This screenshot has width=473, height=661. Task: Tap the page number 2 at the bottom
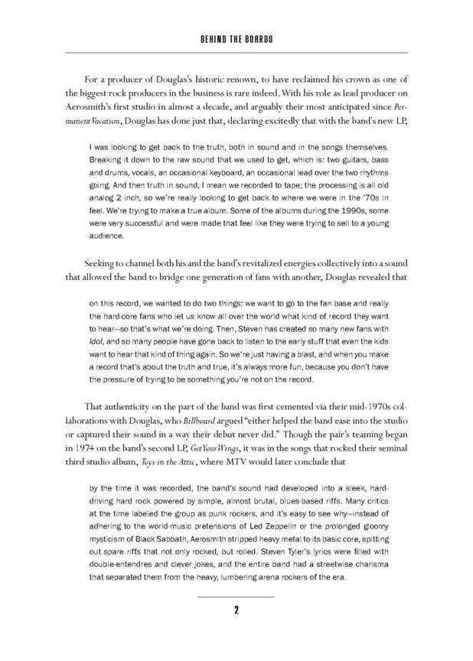(x=236, y=610)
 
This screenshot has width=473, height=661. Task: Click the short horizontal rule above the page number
(x=236, y=595)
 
